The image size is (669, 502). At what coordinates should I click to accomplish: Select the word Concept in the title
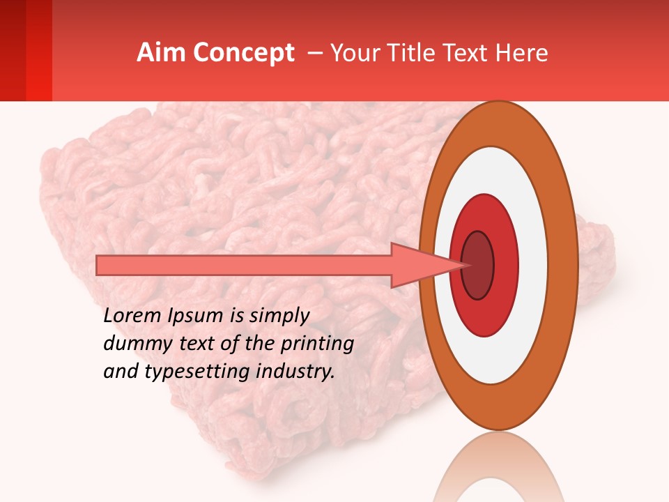tap(243, 53)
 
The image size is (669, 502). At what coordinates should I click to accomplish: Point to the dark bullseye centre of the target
tap(477, 265)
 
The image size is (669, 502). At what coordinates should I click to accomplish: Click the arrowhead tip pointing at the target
tap(466, 265)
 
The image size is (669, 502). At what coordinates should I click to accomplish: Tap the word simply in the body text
tap(275, 316)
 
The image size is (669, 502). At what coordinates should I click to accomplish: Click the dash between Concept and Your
tap(314, 54)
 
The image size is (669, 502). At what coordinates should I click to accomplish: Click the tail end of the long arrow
tap(99, 265)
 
